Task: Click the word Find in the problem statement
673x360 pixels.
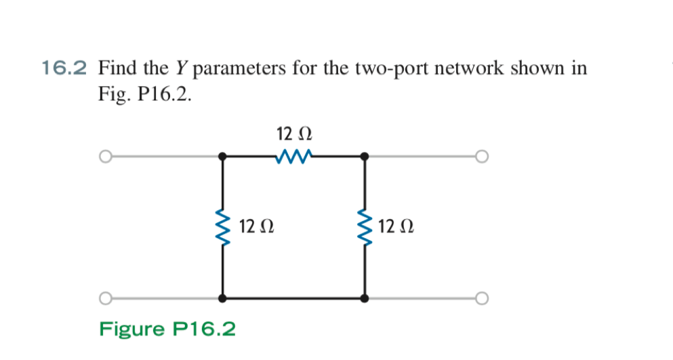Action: (118, 68)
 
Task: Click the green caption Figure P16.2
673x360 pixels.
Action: (168, 329)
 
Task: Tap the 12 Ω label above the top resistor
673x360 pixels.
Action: (293, 132)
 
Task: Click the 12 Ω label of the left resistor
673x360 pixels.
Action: (258, 225)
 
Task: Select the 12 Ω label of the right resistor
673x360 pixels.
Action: (396, 225)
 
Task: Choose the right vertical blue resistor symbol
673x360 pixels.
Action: (365, 226)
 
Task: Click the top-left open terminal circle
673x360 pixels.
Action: (104, 157)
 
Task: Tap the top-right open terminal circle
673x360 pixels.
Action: (481, 157)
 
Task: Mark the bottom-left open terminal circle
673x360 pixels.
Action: (104, 298)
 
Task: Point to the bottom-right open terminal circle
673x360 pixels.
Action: (481, 298)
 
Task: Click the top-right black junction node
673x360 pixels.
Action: (365, 157)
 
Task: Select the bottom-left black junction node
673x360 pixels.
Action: (222, 298)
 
